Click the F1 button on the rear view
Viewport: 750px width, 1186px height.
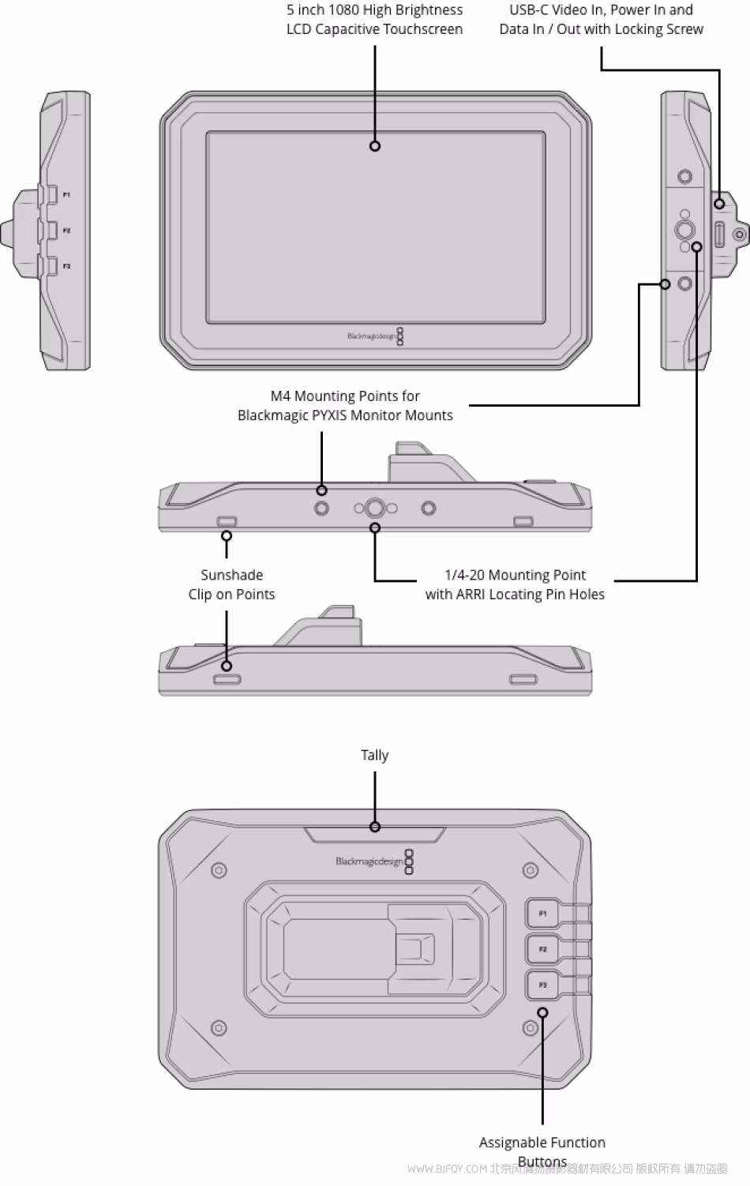point(542,914)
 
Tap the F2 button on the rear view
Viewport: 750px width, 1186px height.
point(542,949)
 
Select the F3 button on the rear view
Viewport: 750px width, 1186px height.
point(542,985)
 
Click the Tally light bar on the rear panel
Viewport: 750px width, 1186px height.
point(375,835)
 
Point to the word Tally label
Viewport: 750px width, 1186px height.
point(374,756)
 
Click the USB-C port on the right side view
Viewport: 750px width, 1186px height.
point(719,235)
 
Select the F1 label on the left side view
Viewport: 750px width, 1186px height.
point(67,195)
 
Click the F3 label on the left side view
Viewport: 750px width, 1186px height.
point(67,266)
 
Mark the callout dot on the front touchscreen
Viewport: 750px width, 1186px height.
point(375,146)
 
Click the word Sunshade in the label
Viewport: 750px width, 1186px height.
point(231,576)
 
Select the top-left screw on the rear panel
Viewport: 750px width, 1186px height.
point(219,870)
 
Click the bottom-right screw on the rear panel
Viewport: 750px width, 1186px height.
point(531,1027)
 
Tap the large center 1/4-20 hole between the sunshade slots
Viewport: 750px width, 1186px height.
point(375,508)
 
